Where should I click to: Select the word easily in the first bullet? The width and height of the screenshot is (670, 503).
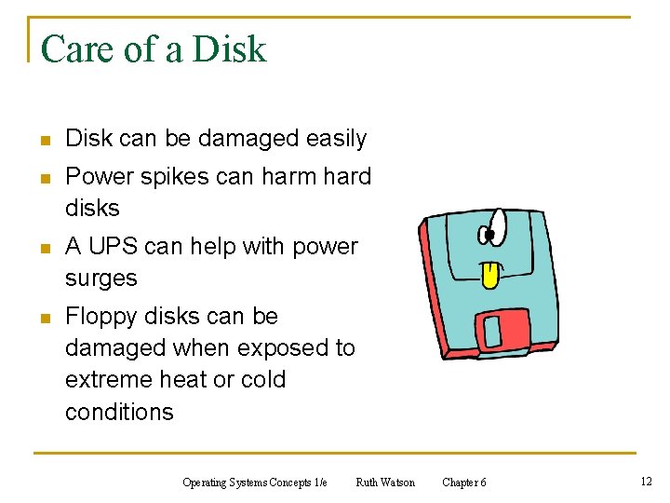337,139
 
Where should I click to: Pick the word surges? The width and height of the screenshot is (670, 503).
101,278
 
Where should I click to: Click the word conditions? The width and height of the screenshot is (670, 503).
119,412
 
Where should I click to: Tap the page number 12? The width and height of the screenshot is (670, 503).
646,481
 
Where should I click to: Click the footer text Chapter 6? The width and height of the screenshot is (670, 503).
463,482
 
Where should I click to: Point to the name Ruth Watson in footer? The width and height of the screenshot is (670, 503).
385,482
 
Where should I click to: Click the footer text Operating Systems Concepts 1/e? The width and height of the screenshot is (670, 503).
255,482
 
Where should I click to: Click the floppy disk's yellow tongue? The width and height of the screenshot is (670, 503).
488,274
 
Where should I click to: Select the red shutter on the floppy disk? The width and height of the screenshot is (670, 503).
502,329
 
